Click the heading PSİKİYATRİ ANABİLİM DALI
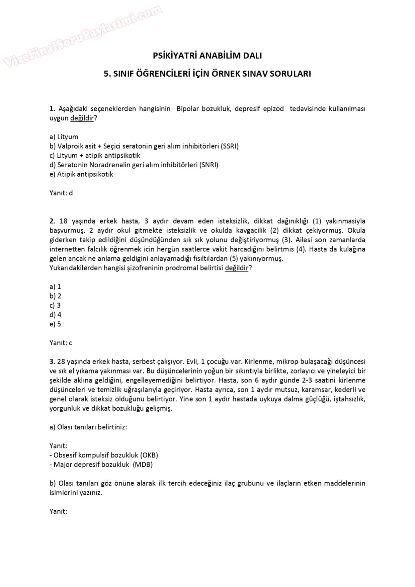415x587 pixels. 207,56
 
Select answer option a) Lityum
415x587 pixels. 64,137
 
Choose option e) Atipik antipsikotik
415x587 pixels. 81,174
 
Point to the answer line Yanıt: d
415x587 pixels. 61,193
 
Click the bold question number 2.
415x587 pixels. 52,221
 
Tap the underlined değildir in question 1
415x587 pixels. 82,118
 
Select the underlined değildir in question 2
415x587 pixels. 237,268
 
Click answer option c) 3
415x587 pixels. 55,306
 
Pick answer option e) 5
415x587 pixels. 55,324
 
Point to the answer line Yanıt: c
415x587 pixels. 61,343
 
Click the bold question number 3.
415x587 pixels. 52,362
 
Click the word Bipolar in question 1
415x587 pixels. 187,109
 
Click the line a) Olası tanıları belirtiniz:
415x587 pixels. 88,427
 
